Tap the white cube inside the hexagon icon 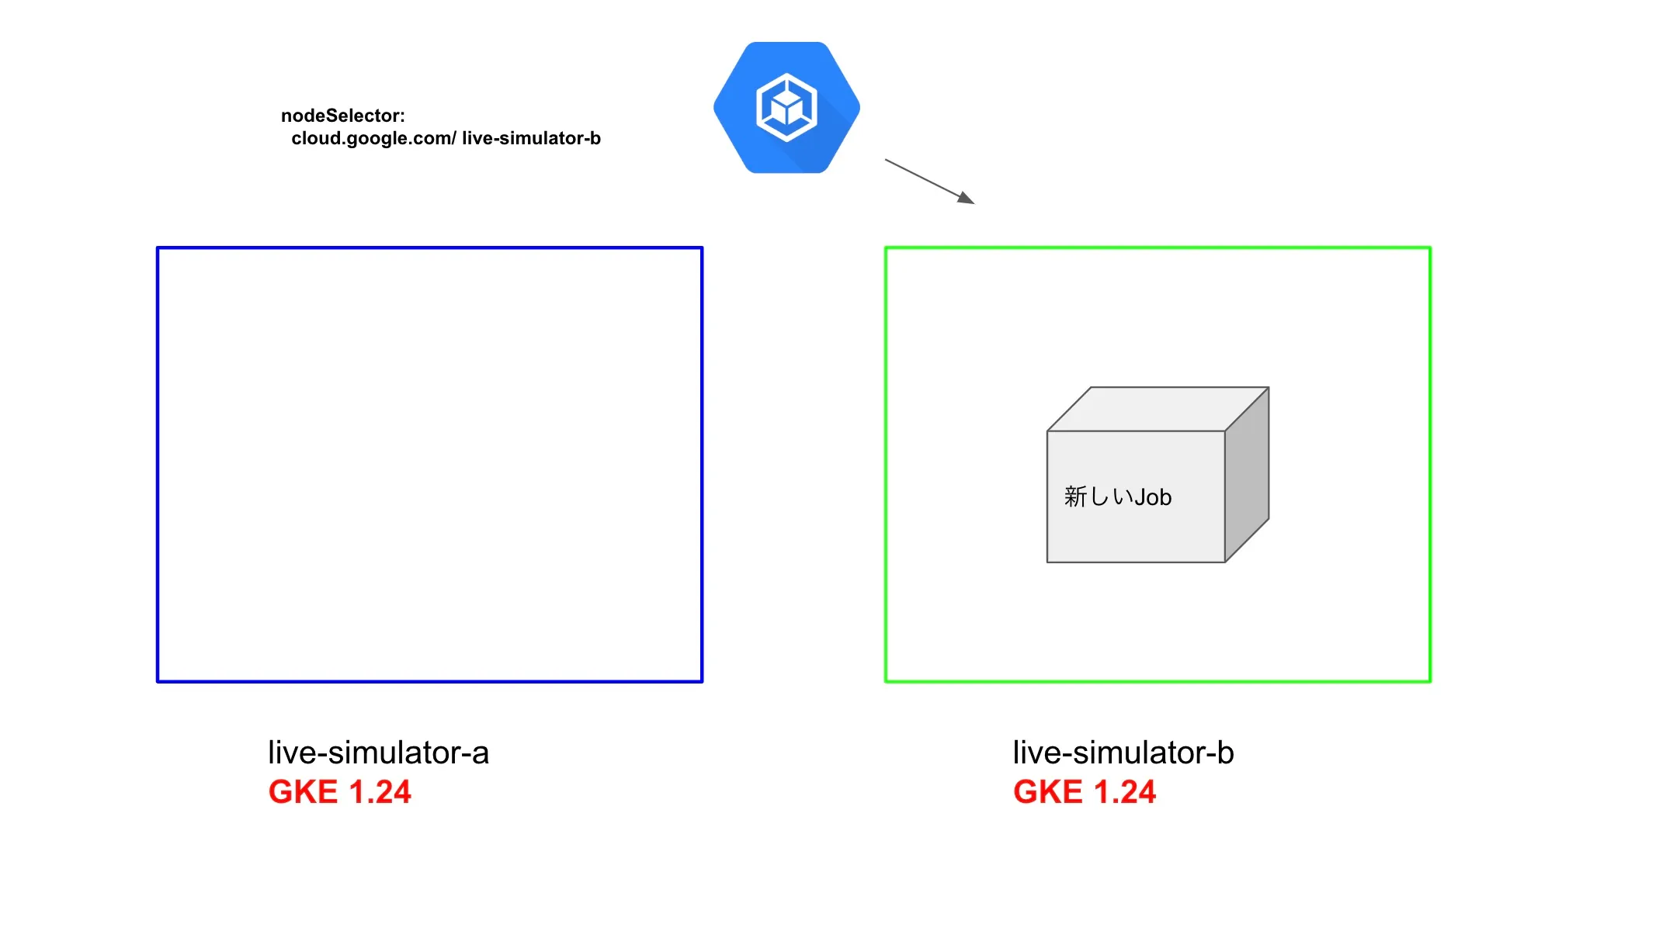click(786, 108)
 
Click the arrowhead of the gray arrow click(966, 199)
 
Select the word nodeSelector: click(342, 116)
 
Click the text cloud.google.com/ click(373, 138)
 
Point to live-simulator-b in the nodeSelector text click(531, 138)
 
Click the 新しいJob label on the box click(1117, 497)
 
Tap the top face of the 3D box click(1158, 409)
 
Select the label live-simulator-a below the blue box click(378, 753)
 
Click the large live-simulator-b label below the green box click(1123, 753)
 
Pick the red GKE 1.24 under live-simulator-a click(339, 792)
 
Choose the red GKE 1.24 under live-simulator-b click(1084, 792)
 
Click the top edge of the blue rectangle click(429, 248)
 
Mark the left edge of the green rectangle click(886, 465)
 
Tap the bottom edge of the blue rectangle click(429, 681)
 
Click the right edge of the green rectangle click(1430, 465)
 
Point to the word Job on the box click(1153, 497)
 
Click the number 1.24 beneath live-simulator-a click(380, 792)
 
